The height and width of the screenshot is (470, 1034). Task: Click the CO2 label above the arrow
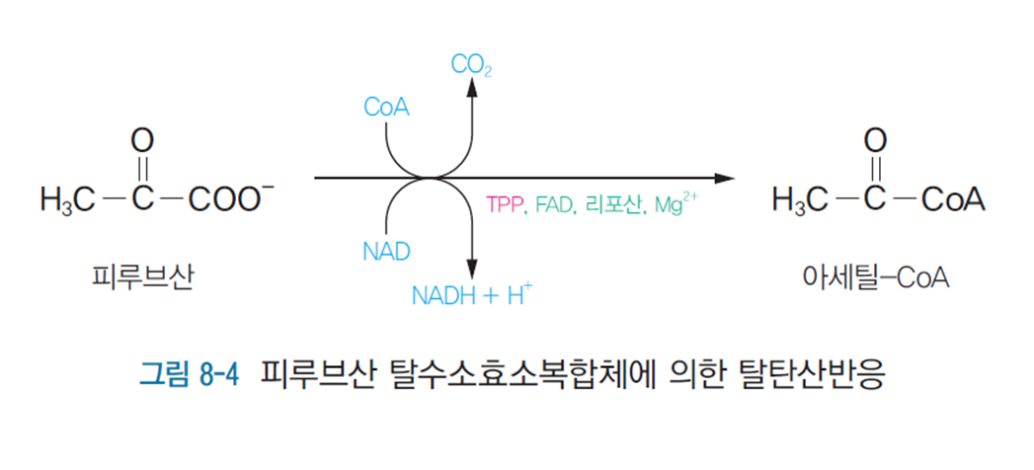471,65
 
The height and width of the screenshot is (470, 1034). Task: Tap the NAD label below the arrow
386,250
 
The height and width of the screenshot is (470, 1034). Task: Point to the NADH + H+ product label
472,294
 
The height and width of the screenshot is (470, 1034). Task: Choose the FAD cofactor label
554,207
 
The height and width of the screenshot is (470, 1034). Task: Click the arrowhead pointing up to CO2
472,87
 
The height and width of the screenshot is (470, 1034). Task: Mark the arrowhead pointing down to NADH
472,269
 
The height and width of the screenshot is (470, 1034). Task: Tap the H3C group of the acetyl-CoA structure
801,199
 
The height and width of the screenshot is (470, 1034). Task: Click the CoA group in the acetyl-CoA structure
953,199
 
